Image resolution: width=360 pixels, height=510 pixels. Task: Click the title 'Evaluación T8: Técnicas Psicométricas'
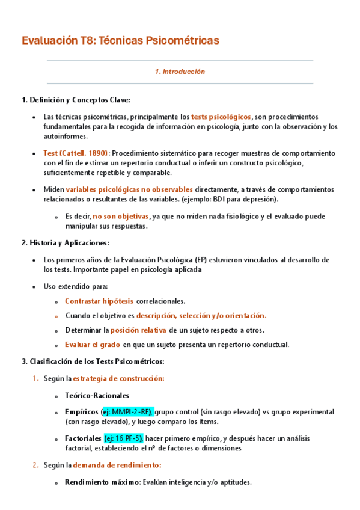point(120,41)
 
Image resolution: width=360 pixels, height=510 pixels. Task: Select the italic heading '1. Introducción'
point(180,72)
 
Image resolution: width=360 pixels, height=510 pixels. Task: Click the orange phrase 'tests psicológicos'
point(221,117)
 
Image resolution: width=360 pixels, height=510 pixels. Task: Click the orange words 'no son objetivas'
point(121,217)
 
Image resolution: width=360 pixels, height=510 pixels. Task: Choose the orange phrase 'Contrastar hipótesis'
point(99,301)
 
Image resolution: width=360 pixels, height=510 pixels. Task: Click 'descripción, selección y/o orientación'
point(201,315)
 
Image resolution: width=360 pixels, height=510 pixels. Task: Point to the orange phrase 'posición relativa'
point(138,330)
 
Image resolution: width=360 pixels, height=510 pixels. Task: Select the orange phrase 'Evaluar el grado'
point(93,345)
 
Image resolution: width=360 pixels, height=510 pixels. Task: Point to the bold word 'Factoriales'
point(84,438)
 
